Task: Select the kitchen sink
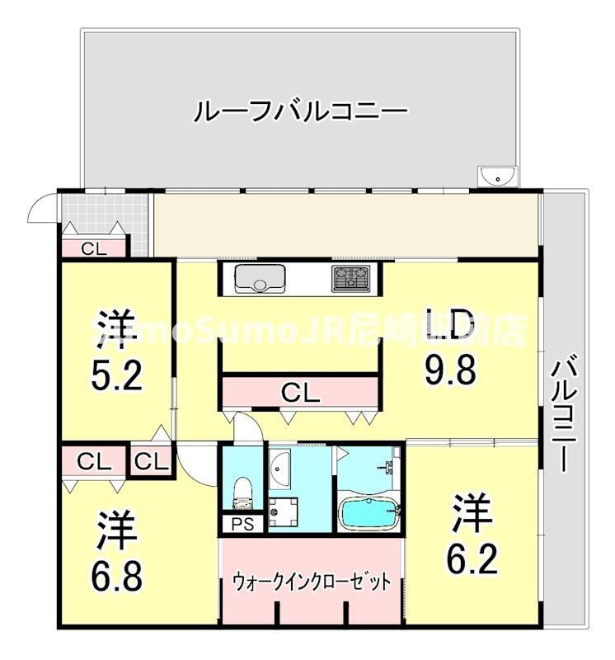click(x=260, y=279)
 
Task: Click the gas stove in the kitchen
click(x=352, y=279)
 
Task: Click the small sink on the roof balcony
click(x=497, y=176)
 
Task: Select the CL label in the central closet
click(x=300, y=394)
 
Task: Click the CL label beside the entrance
click(x=92, y=247)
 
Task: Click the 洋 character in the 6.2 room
click(x=473, y=514)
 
